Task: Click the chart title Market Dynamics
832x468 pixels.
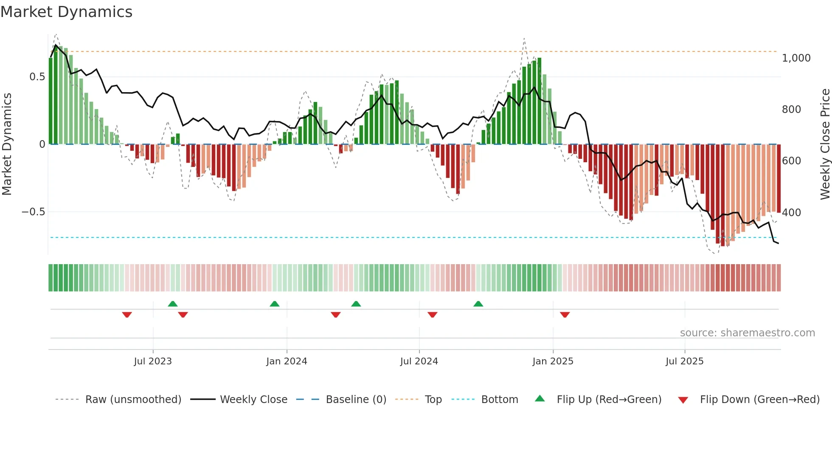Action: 67,12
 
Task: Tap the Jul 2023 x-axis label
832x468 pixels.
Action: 153,361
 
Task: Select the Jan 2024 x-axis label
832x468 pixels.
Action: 287,361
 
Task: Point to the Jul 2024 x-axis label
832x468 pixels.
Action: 419,361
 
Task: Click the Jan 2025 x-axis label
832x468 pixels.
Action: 553,361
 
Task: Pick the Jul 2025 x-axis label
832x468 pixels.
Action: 684,361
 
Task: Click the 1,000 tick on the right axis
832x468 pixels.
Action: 796,58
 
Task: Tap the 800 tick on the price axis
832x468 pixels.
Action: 791,110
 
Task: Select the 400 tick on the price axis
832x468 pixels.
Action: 791,212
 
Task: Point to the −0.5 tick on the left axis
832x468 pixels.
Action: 34,212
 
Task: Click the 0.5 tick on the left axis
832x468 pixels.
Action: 37,77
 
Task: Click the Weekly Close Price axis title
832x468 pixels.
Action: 825,144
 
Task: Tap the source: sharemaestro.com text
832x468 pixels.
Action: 747,333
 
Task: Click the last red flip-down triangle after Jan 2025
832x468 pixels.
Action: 565,315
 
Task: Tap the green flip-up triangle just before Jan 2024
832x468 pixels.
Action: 275,304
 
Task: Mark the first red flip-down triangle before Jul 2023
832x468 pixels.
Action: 127,315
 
